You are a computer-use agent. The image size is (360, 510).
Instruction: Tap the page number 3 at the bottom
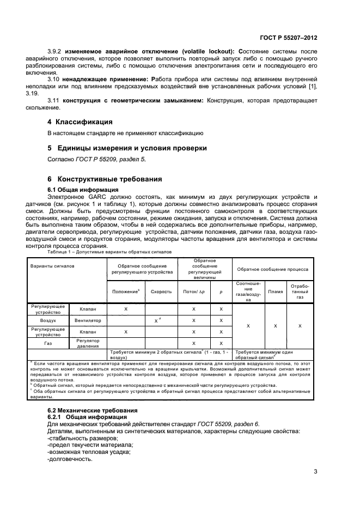coord(315,472)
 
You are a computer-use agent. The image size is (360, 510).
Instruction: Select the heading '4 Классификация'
coord(80,122)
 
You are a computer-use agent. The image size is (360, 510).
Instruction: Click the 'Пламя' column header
coord(276,292)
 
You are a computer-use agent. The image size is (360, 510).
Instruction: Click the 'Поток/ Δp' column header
coord(193,292)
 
